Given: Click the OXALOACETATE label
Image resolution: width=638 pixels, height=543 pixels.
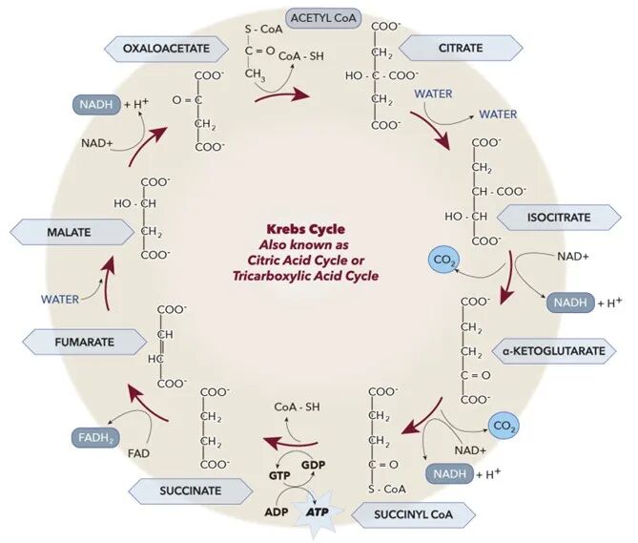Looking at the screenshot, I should click(164, 48).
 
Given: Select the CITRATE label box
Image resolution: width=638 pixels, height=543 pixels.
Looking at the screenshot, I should click(460, 48).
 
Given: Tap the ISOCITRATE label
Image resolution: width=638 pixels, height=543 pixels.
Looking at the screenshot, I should click(559, 218).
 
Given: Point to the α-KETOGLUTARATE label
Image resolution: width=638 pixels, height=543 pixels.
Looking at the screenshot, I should click(553, 351).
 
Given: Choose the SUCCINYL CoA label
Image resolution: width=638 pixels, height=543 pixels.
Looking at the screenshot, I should click(414, 516).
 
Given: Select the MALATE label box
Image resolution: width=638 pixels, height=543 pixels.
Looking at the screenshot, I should click(69, 232).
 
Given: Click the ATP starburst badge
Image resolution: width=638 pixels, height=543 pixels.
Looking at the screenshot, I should click(318, 512).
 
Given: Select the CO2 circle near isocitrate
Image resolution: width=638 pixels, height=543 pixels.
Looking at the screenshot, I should click(443, 259).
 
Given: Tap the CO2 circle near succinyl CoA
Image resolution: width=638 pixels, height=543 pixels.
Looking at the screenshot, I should click(503, 426).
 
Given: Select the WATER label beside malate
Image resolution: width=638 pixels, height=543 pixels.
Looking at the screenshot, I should click(59, 299).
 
